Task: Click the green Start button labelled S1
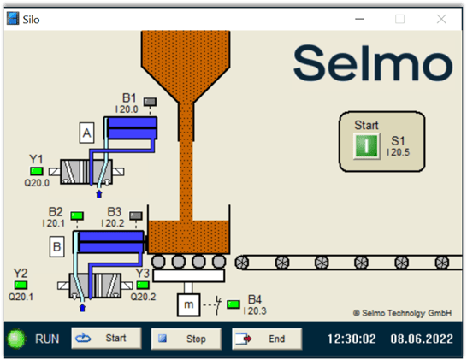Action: coord(366,145)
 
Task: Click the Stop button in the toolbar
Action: coord(186,339)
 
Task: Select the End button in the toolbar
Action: coord(267,339)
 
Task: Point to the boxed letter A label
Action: coord(87,133)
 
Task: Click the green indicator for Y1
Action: coord(37,171)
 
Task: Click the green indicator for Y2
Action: coord(20,285)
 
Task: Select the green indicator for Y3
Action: coord(143,286)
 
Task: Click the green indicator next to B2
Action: coord(77,215)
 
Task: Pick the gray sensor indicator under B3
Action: coord(136,215)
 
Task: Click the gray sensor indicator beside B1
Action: coord(150,103)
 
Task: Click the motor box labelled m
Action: coord(187,304)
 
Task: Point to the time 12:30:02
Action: coord(351,339)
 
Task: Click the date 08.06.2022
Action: coord(423,339)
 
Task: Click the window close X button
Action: coord(441,18)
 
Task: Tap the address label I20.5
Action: coord(399,152)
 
